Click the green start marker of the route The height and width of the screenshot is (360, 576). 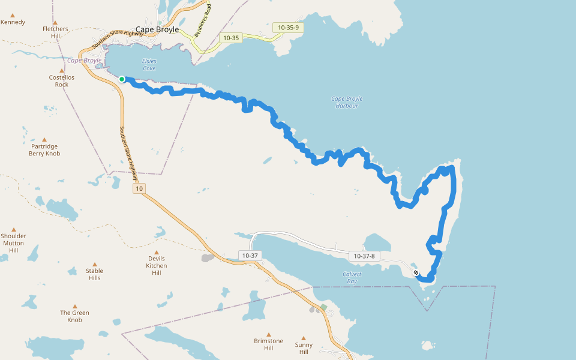[122, 79]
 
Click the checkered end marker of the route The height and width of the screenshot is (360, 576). [416, 272]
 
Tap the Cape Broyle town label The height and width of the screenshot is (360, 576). [157, 29]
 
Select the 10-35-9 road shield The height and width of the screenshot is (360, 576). [288, 27]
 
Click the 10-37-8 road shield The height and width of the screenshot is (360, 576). [364, 256]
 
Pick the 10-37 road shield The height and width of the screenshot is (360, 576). [250, 256]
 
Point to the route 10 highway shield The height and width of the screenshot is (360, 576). [139, 189]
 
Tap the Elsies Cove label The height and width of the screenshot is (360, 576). [149, 65]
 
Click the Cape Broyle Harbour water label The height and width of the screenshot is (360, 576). [347, 102]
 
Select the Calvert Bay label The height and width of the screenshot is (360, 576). [352, 278]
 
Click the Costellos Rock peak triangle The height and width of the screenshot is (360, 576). [61, 71]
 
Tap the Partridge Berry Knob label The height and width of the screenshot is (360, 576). [44, 149]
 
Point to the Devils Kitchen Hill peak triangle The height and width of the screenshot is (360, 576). [157, 253]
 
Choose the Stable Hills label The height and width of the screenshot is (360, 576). [94, 274]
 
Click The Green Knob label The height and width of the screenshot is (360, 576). [74, 316]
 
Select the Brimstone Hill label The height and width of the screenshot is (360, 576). [268, 344]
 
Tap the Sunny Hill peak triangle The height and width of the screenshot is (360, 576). [304, 338]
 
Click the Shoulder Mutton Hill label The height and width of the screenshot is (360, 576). [13, 243]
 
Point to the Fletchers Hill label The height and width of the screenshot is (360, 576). [55, 32]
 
